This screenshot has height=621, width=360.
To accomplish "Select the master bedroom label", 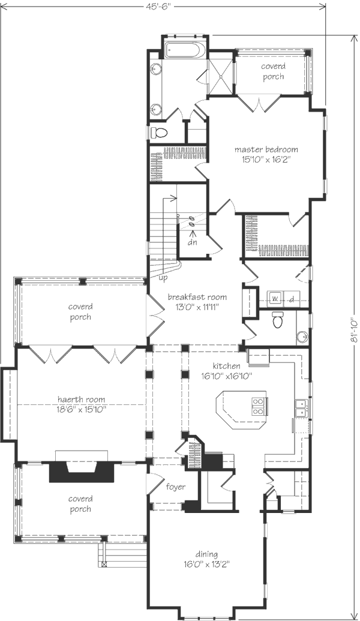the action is pyautogui.click(x=266, y=150).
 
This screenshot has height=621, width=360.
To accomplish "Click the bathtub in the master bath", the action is pyautogui.click(x=185, y=50).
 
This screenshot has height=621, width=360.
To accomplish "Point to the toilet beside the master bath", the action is pyautogui.click(x=160, y=133).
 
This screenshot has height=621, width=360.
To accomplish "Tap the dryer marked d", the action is pyautogui.click(x=292, y=299).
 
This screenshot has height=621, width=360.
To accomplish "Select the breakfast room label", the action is pyautogui.click(x=197, y=296).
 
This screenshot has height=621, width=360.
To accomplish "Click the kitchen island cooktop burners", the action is pyautogui.click(x=258, y=407).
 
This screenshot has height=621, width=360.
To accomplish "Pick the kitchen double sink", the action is pyautogui.click(x=301, y=409).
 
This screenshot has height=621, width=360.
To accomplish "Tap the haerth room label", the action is pyautogui.click(x=81, y=400).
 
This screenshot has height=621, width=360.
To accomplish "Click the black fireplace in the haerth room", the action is pyautogui.click(x=82, y=471).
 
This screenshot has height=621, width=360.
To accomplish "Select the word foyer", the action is pyautogui.click(x=175, y=487).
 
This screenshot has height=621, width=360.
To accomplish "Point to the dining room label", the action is pyautogui.click(x=206, y=554).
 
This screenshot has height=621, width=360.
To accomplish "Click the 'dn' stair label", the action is pyautogui.click(x=192, y=242).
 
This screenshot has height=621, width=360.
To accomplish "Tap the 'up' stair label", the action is pyautogui.click(x=163, y=278).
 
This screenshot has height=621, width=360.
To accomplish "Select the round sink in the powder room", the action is pyautogui.click(x=302, y=337).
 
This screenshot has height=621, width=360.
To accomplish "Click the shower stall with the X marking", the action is pyautogui.click(x=221, y=77).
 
